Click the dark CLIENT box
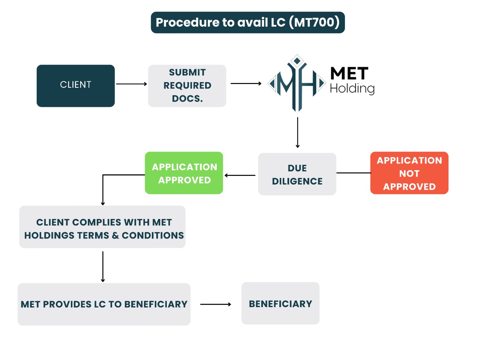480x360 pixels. (x=76, y=86)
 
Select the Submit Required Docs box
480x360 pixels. (x=187, y=86)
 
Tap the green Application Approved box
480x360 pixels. (x=184, y=173)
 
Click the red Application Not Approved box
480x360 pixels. (x=409, y=173)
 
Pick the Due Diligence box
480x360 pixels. (x=297, y=174)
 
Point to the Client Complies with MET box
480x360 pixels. (x=102, y=227)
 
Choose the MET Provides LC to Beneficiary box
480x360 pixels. (x=104, y=304)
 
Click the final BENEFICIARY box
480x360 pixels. (x=280, y=303)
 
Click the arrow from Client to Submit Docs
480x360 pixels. (x=131, y=84)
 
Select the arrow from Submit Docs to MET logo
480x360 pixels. (x=246, y=84)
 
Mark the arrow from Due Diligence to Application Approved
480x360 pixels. (x=240, y=175)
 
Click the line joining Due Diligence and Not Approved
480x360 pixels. (x=353, y=173)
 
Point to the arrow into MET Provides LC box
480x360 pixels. (x=103, y=266)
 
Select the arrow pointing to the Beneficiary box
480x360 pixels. (x=216, y=304)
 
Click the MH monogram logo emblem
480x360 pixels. (x=297, y=83)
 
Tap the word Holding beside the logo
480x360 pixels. (x=352, y=88)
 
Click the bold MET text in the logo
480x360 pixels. (x=349, y=73)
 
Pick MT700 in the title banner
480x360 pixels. (x=315, y=22)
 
